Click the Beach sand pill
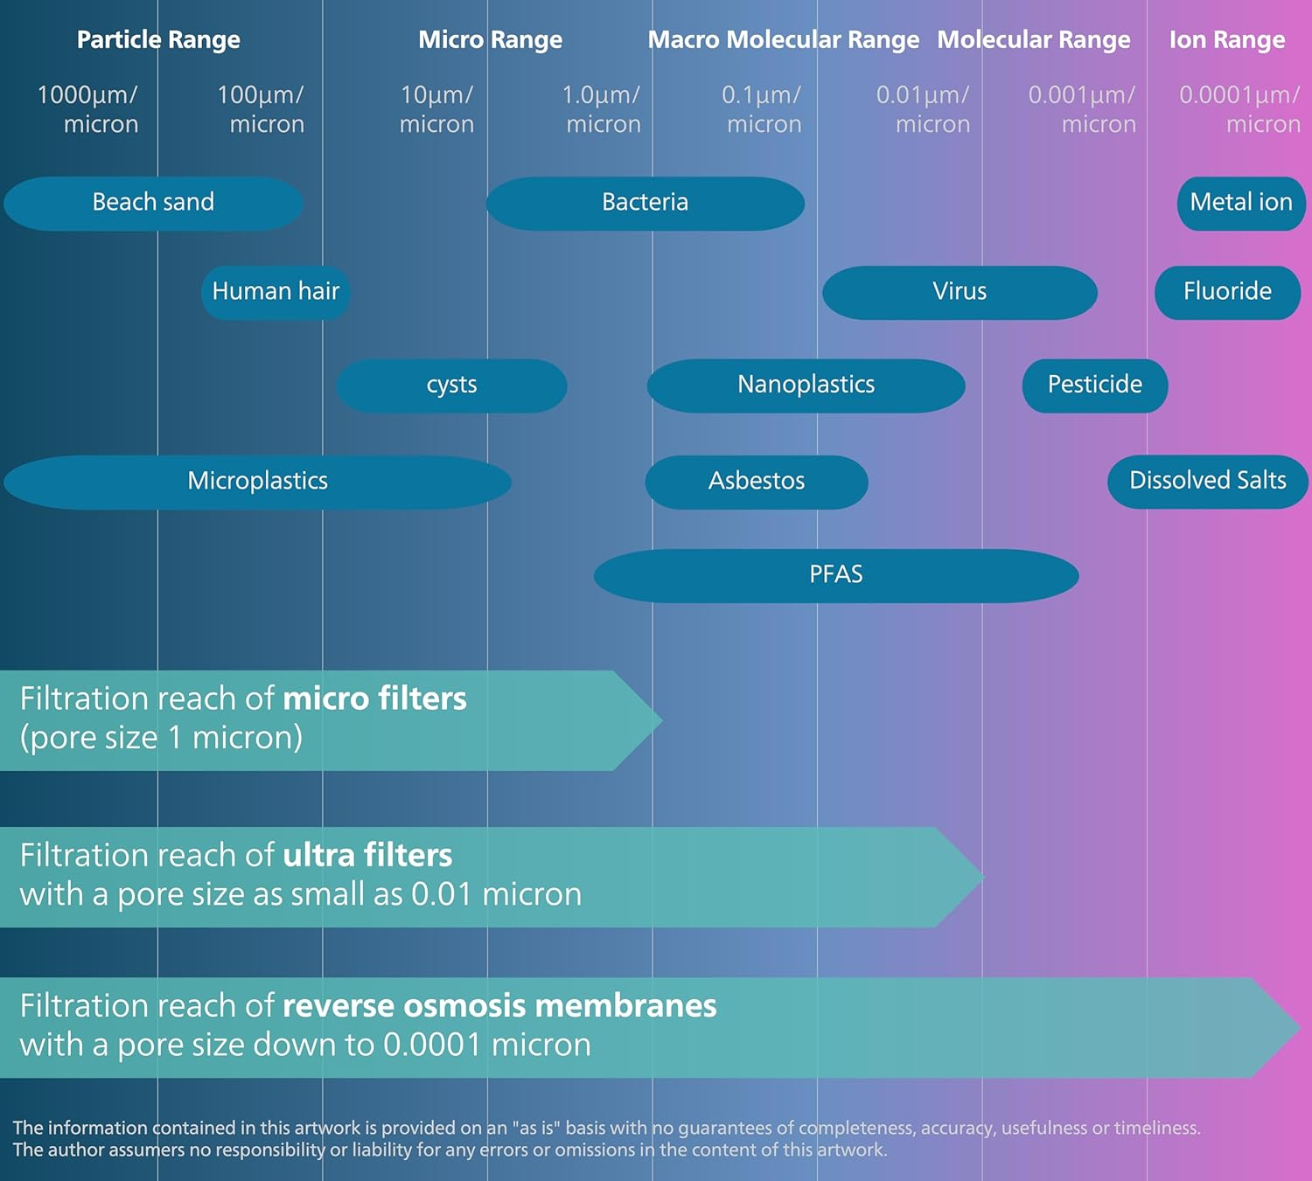point(153,203)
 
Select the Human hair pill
point(276,292)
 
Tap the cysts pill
point(451,386)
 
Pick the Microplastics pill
point(257,482)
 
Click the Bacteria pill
point(645,203)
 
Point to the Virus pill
point(960,292)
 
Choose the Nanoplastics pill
point(806,386)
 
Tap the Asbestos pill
point(757,482)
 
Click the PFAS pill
point(835,575)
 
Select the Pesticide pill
point(1094,386)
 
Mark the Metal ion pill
point(1241,203)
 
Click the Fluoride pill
point(1227,292)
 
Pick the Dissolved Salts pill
point(1207,482)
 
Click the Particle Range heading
point(158,40)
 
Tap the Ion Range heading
point(1227,40)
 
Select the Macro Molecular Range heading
point(783,40)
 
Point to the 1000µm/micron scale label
point(87,109)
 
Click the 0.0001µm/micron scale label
point(1239,109)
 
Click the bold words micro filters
point(374,699)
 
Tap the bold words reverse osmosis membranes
point(499,1006)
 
